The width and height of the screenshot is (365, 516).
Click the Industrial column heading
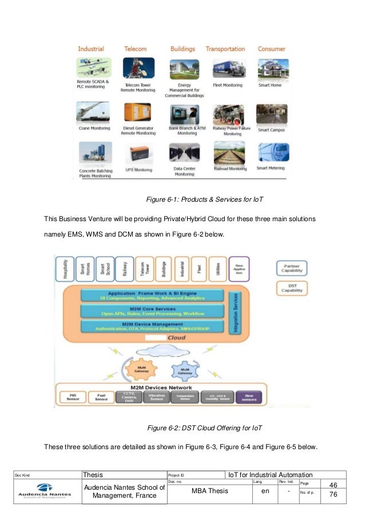pos(90,50)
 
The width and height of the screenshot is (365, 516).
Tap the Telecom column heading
pos(135,50)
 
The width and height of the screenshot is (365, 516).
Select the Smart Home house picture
pos(272,70)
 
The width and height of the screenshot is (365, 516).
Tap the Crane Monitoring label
pos(94,129)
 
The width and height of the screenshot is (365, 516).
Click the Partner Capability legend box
pos(292,269)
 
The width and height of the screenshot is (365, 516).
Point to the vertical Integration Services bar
pos(233,311)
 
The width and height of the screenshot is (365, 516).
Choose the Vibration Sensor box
pos(157,396)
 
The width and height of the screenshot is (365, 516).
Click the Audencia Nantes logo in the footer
pos(45,490)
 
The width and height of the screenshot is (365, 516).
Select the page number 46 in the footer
pos(332,485)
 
